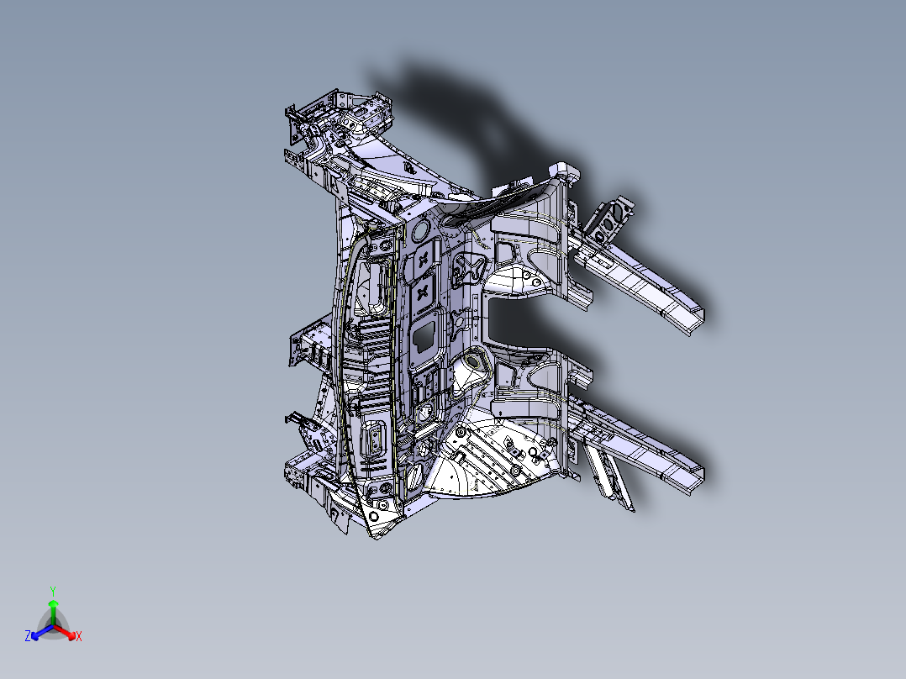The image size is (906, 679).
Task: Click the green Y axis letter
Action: pyautogui.click(x=53, y=591)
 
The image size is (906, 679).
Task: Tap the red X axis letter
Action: pyautogui.click(x=79, y=637)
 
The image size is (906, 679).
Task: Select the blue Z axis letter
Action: pyautogui.click(x=28, y=637)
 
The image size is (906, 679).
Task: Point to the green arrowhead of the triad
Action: pyautogui.click(x=53, y=603)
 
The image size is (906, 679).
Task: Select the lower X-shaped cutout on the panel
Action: pyautogui.click(x=424, y=292)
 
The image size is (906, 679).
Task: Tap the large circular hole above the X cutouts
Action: pyautogui.click(x=419, y=228)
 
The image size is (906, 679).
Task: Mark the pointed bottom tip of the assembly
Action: pyautogui.click(x=377, y=535)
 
